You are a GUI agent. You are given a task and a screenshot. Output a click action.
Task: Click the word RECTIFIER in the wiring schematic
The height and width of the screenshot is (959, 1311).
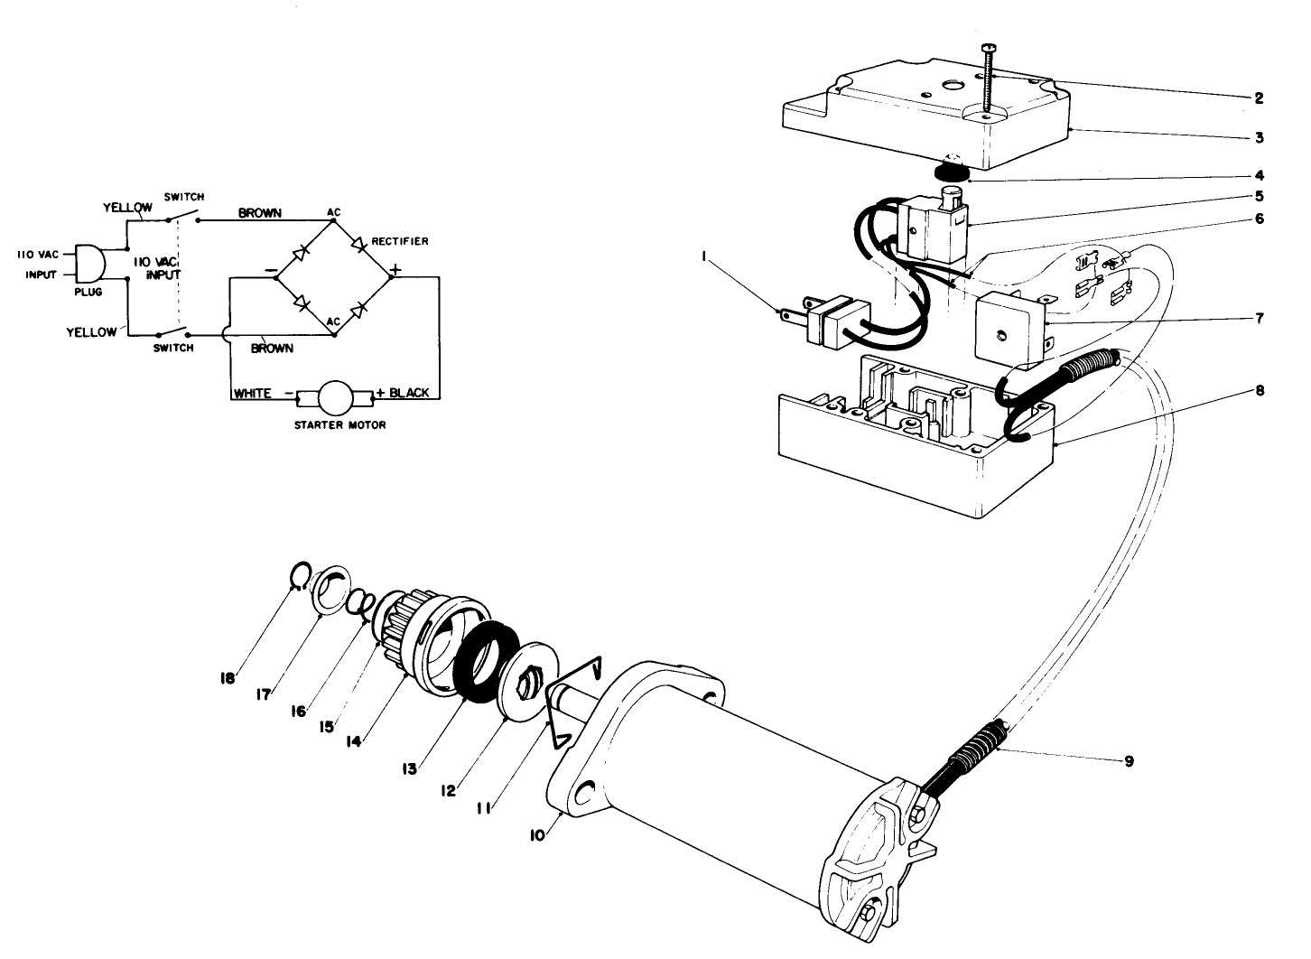click(400, 241)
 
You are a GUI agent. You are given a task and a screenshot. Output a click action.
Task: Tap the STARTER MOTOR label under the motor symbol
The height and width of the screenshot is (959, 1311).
click(340, 425)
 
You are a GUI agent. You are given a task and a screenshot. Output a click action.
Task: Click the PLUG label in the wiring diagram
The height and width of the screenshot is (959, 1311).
click(88, 292)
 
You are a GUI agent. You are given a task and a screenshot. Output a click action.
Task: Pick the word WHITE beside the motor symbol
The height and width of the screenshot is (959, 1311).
click(253, 394)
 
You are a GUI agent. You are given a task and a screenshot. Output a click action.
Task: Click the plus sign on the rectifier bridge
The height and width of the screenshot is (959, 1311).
click(395, 267)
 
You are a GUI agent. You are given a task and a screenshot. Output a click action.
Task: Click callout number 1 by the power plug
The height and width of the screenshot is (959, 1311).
click(704, 256)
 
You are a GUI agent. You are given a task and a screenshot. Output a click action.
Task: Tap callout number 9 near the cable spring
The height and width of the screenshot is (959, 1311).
click(1129, 761)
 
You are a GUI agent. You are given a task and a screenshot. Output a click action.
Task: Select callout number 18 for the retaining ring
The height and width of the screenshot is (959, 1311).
click(229, 677)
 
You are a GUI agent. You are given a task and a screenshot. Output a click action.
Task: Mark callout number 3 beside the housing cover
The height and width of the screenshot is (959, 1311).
click(1259, 137)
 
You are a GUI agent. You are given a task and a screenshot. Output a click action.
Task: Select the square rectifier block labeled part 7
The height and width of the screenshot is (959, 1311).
click(1007, 327)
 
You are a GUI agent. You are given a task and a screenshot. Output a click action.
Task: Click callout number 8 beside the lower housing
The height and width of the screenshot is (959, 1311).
click(1259, 391)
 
